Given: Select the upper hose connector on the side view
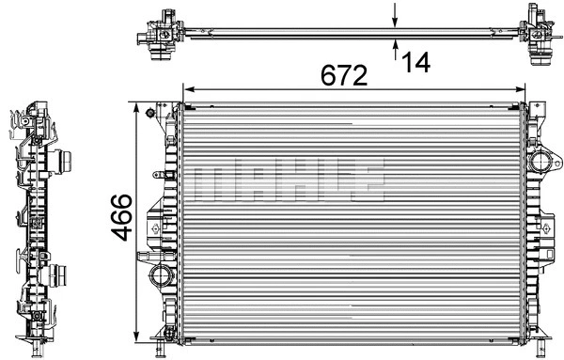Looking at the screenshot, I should coord(65,161).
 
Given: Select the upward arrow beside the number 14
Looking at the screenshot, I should coord(395,46).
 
